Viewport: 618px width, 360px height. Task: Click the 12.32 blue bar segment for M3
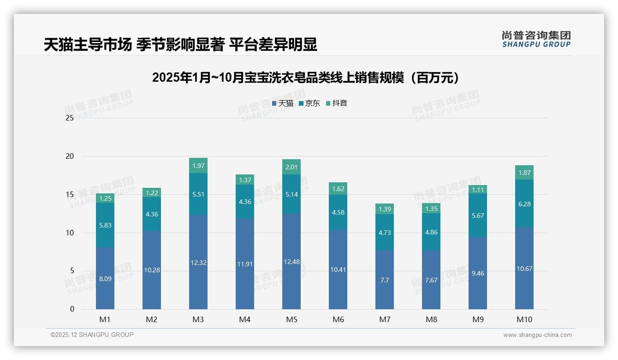(x=198, y=263)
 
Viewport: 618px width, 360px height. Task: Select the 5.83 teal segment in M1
(x=105, y=225)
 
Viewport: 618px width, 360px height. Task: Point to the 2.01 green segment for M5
(x=291, y=167)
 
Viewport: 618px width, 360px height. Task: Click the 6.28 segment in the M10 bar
(x=524, y=204)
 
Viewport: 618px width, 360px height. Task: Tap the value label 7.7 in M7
(x=385, y=280)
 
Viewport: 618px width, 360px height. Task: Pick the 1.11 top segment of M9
(x=478, y=189)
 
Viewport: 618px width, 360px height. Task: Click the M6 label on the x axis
(x=338, y=319)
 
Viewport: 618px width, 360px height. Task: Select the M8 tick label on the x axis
(x=431, y=319)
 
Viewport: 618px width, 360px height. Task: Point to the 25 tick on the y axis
(x=70, y=118)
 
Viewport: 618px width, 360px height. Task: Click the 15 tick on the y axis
(x=70, y=194)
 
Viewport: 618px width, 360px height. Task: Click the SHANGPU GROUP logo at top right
(x=536, y=39)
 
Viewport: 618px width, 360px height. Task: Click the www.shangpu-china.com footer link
(x=537, y=335)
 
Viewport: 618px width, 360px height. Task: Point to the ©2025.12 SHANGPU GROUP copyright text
(x=92, y=335)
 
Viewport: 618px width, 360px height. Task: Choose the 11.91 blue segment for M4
(x=245, y=264)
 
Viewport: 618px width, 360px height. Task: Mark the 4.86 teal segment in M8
(x=431, y=232)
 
